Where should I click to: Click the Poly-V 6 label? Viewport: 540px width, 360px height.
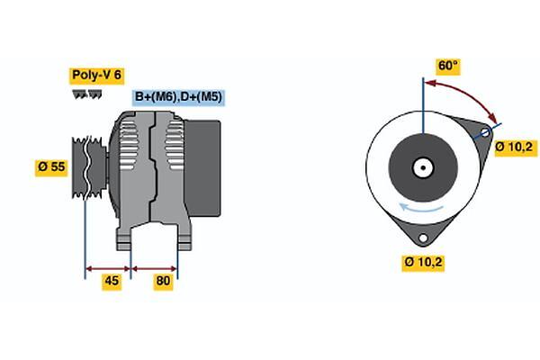click(97, 75)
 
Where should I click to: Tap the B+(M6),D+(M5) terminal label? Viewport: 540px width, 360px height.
click(178, 97)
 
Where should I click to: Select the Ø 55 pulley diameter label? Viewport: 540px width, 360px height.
click(51, 167)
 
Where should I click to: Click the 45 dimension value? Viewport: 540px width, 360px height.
click(112, 281)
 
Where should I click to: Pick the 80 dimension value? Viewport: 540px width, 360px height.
click(163, 281)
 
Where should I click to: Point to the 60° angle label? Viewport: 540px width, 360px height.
click(447, 66)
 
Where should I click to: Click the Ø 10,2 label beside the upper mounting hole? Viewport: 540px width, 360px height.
click(516, 148)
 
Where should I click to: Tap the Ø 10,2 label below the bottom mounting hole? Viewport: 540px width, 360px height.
click(423, 263)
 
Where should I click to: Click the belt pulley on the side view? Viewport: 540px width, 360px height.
click(89, 167)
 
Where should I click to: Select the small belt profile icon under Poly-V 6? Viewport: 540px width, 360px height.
click(87, 94)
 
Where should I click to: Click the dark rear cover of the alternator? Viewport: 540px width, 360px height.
click(202, 168)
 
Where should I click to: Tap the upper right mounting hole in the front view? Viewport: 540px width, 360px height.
click(484, 133)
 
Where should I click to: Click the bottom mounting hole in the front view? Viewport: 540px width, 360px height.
click(423, 238)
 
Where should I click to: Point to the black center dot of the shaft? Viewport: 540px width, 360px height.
click(423, 168)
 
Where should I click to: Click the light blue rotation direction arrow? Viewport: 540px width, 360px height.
click(421, 207)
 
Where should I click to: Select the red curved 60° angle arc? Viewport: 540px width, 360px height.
click(465, 96)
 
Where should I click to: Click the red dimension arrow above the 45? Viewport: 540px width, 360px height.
click(108, 269)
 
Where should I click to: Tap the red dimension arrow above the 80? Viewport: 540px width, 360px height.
click(154, 269)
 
